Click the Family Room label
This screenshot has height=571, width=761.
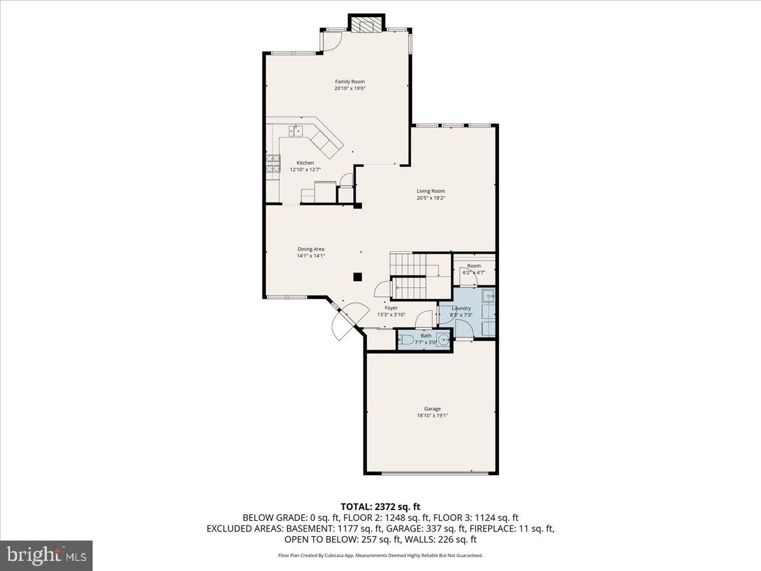pyautogui.click(x=349, y=81)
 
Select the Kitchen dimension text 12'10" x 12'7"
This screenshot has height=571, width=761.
pyautogui.click(x=302, y=169)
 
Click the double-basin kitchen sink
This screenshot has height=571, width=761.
pyautogui.click(x=296, y=131)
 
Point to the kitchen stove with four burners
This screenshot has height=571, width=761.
pyautogui.click(x=273, y=164)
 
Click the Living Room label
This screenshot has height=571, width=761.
pyautogui.click(x=431, y=191)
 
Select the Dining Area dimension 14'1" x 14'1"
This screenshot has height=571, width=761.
pyautogui.click(x=311, y=256)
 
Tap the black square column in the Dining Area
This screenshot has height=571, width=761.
pyautogui.click(x=358, y=277)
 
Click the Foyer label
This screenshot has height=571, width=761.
pyautogui.click(x=391, y=308)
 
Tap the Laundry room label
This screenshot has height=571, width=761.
pyautogui.click(x=461, y=308)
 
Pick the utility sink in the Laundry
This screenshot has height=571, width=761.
pyautogui.click(x=488, y=296)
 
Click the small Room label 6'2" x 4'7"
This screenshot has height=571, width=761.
pyautogui.click(x=474, y=266)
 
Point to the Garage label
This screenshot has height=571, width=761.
pyautogui.click(x=433, y=409)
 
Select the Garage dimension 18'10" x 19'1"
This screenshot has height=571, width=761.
pyautogui.click(x=433, y=416)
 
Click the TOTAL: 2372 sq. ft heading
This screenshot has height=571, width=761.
pyautogui.click(x=380, y=506)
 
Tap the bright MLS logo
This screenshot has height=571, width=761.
pyautogui.click(x=47, y=556)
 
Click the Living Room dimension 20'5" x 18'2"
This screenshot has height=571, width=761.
pyautogui.click(x=431, y=198)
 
